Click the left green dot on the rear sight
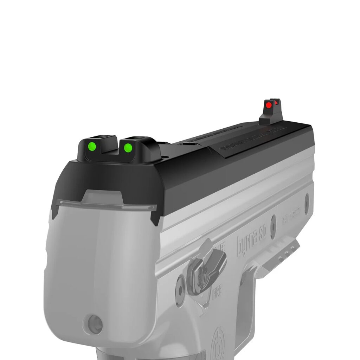[x=92, y=146]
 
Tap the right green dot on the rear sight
[x=128, y=147]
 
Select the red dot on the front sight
[x=269, y=105]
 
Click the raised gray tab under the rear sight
[x=102, y=197]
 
